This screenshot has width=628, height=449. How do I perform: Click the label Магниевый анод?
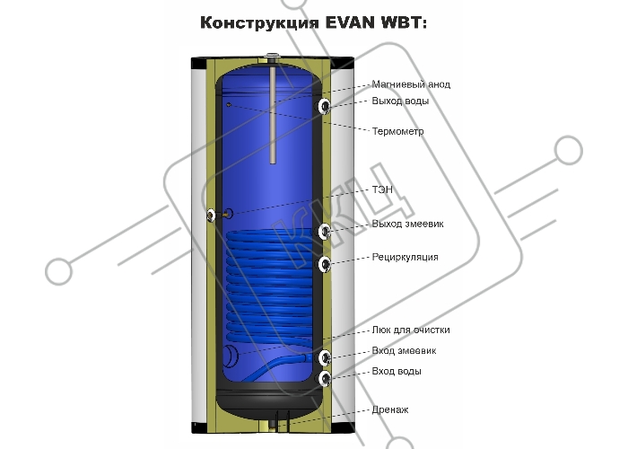pos(411,84)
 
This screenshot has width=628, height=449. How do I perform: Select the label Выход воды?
pos(400,101)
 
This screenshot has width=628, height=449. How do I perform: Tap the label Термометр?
pos(397,131)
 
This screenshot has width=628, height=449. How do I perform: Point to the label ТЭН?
pos(382,189)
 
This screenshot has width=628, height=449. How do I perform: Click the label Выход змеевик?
pos(407,224)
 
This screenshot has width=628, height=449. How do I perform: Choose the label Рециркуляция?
pos(405,257)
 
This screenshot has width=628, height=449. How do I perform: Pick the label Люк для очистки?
pos(411,330)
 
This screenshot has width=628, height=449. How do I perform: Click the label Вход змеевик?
pos(404,351)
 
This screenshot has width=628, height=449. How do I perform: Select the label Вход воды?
pos(397,371)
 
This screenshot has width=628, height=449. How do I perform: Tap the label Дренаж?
pos(390,410)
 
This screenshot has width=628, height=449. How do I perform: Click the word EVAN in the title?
pos(350,22)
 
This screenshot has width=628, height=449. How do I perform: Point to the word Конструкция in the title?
pos(260,23)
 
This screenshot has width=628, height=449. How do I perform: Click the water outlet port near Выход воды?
pos(325,106)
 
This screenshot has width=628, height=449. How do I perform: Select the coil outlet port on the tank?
pos(325,232)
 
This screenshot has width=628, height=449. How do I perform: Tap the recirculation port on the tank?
pos(325,265)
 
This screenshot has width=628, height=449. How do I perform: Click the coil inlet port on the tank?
pos(325,357)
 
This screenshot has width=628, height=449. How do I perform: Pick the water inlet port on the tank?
pos(325,378)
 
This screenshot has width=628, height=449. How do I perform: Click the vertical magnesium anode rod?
pos(273,115)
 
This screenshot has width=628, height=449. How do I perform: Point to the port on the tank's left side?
pos(211,216)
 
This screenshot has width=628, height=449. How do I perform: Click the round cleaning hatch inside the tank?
pos(231,356)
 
